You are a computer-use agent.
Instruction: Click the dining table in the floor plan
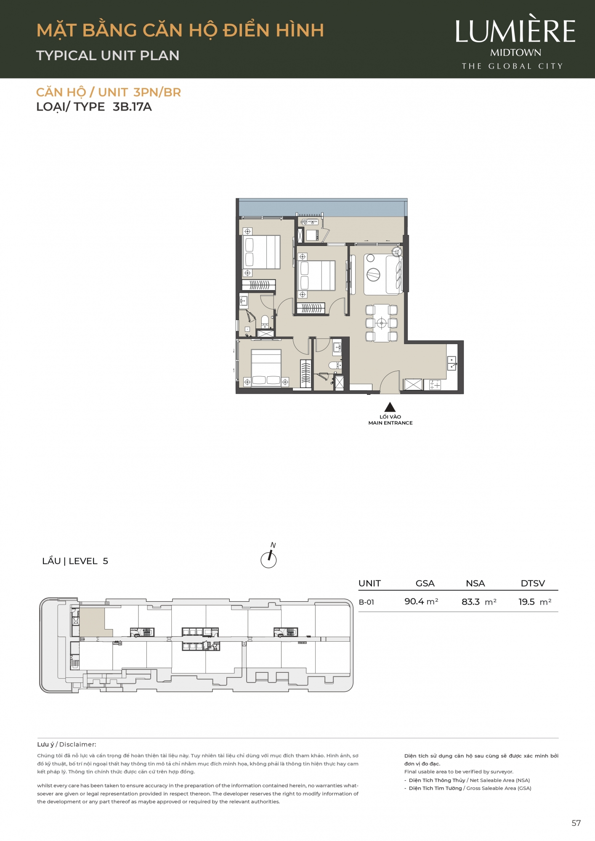(x=381, y=323)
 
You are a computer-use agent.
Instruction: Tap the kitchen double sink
(x=452, y=363)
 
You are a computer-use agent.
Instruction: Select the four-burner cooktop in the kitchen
(x=435, y=384)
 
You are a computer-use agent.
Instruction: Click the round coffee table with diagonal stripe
(x=373, y=275)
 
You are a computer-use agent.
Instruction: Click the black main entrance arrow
(x=390, y=407)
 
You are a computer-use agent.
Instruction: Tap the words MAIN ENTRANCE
(x=390, y=423)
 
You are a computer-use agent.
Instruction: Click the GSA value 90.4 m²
(x=421, y=602)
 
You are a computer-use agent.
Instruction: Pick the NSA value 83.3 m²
(x=479, y=602)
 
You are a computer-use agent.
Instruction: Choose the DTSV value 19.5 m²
(x=535, y=602)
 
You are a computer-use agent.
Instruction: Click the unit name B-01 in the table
(x=366, y=602)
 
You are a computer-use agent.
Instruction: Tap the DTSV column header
(x=533, y=583)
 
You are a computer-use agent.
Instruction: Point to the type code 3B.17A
(x=132, y=107)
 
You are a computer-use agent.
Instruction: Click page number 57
(x=576, y=823)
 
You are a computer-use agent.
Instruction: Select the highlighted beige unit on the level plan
(x=92, y=622)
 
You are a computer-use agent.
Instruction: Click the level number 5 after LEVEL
(x=105, y=561)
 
